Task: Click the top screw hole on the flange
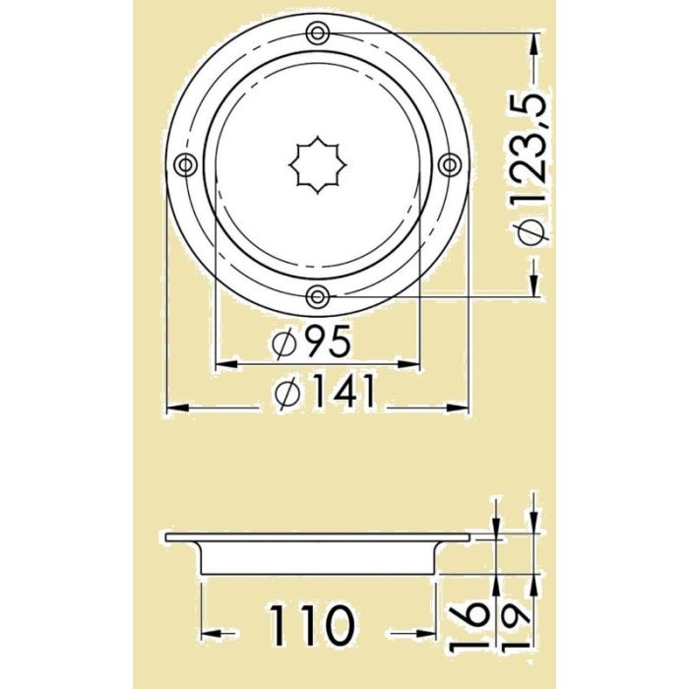pos(317,33)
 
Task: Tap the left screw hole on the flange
pos(185,164)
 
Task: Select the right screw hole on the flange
pos(448,163)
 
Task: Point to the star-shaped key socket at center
pos(316,164)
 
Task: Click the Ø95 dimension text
pos(310,343)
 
